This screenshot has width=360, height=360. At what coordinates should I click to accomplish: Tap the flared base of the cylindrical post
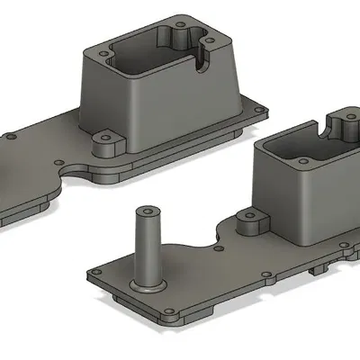tap(147, 284)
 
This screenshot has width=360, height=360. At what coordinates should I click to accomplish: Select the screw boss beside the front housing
tap(249, 222)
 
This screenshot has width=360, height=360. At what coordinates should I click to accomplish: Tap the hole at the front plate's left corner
tap(93, 271)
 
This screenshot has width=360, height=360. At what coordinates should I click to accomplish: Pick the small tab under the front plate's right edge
tap(314, 269)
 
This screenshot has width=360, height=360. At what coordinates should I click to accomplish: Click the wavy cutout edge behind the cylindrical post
tap(202, 238)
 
